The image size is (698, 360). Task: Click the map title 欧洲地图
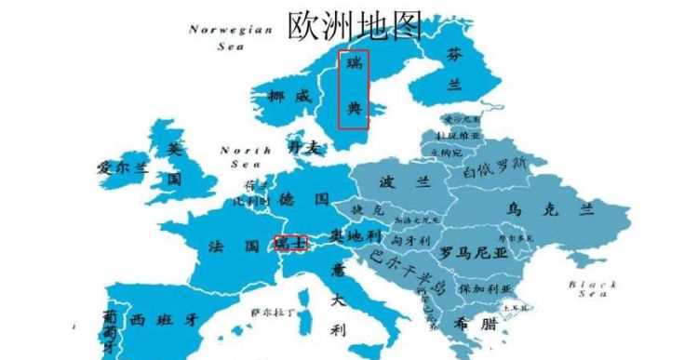(354, 25)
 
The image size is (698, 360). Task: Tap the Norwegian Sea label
(231, 36)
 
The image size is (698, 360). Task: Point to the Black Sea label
(592, 287)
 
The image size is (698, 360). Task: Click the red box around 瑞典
(353, 88)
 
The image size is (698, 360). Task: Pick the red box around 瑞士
(289, 243)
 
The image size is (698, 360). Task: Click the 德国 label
(304, 200)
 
